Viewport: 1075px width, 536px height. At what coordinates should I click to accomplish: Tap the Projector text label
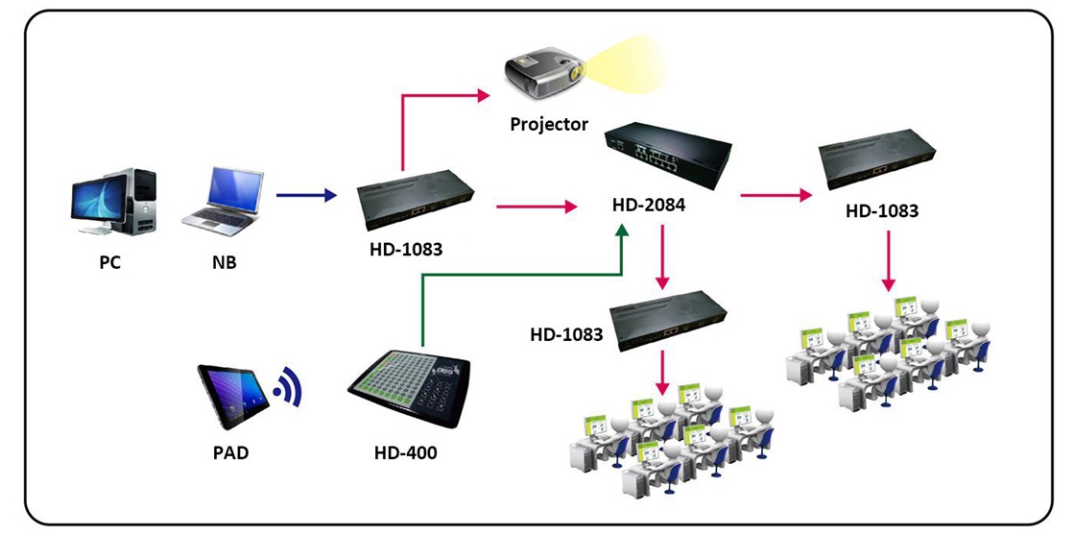(x=549, y=124)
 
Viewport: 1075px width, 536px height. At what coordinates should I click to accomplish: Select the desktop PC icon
(x=112, y=205)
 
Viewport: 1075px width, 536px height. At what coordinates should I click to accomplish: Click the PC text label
(x=109, y=262)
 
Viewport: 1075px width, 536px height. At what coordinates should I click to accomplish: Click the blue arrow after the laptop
(x=307, y=196)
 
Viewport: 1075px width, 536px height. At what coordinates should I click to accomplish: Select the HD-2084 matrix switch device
(x=669, y=155)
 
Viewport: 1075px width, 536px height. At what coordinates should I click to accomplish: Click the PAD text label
(x=230, y=451)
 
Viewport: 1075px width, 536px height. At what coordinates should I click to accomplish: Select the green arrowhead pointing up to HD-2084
(x=623, y=233)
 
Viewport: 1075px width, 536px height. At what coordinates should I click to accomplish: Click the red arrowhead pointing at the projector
(x=483, y=93)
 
